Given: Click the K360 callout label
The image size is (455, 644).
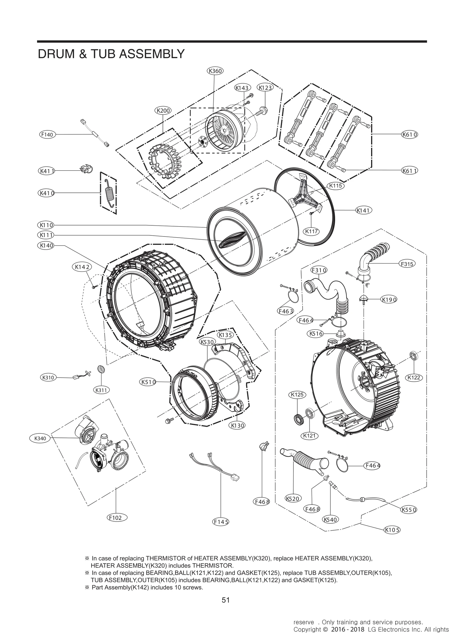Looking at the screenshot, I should point(215,71).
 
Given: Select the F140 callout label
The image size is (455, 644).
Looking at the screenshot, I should point(47,135).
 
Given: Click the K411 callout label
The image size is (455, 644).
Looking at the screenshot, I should point(46,171).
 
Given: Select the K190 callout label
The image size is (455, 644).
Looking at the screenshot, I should point(389,299).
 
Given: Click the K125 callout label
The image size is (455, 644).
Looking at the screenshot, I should point(297,394).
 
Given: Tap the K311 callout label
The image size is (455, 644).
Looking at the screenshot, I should point(101,390).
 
